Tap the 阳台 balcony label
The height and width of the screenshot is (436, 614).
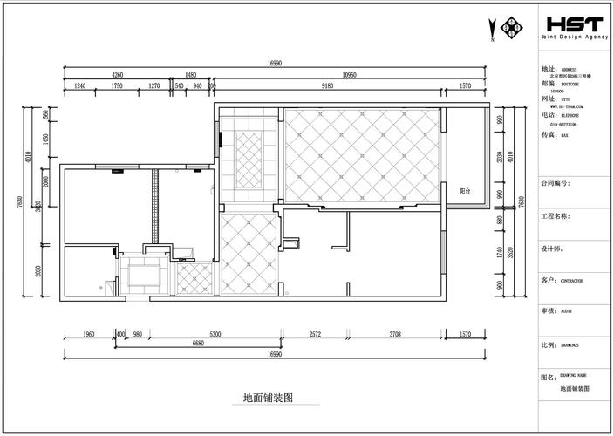tap(466, 189)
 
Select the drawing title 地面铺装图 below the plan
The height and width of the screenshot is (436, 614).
tap(268, 397)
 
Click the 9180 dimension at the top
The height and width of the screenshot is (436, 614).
tap(328, 85)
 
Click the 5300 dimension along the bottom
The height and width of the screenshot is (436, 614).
tap(215, 334)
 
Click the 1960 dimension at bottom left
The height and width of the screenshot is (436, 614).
tap(89, 334)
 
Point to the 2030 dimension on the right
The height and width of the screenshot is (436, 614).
tap(500, 158)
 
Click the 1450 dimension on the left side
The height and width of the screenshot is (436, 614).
tap(46, 141)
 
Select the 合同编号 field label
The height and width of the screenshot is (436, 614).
tap(555, 184)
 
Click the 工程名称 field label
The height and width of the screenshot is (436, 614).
tap(555, 216)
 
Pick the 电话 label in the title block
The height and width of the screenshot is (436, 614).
tap(549, 114)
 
